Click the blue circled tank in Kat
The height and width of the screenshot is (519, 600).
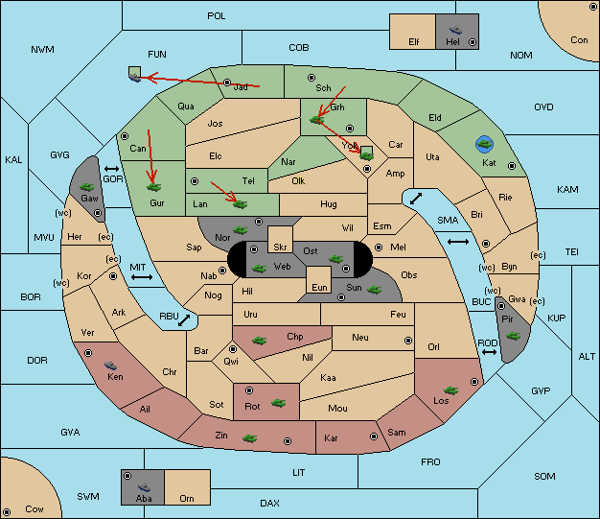click(484, 144)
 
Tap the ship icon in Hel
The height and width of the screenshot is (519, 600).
click(455, 30)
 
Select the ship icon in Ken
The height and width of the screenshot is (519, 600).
click(111, 366)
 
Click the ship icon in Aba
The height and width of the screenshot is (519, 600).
click(145, 487)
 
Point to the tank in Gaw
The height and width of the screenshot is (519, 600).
click(87, 187)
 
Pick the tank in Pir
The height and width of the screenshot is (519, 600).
click(513, 336)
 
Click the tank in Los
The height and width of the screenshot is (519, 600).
click(451, 390)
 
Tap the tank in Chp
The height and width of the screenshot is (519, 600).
click(259, 341)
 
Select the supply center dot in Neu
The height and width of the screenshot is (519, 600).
click(408, 341)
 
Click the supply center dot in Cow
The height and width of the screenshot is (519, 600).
click(7, 511)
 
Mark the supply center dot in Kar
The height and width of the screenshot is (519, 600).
click(374, 436)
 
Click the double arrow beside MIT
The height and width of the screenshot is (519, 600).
click(142, 277)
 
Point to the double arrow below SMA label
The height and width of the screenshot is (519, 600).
click(458, 242)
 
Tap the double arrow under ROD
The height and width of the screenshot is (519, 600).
click(489, 352)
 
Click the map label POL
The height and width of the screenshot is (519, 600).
click(217, 16)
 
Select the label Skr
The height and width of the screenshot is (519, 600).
click(280, 248)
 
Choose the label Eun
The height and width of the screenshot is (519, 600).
click(319, 288)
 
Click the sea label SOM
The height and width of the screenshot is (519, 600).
click(544, 476)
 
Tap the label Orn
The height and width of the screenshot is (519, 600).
click(187, 498)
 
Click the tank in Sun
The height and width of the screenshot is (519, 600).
click(374, 290)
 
